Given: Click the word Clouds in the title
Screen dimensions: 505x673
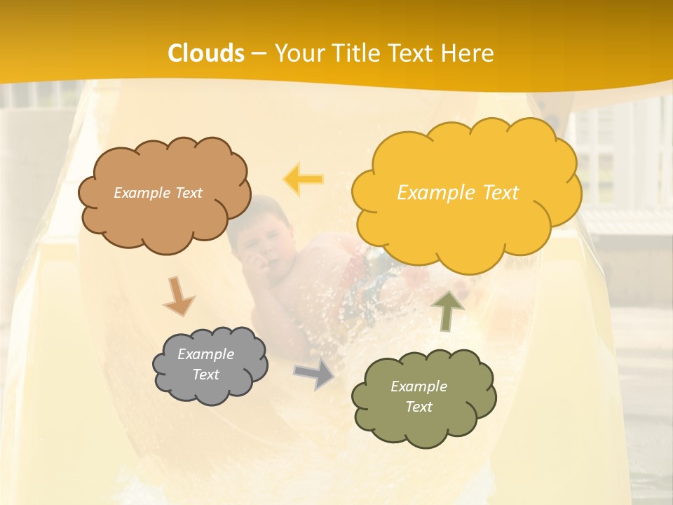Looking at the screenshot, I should (x=206, y=53).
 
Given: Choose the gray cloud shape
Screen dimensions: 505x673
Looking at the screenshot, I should (x=210, y=365).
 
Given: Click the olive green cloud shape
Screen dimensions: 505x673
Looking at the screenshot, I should (x=423, y=398).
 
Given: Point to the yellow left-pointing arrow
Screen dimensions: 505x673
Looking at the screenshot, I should (x=304, y=179).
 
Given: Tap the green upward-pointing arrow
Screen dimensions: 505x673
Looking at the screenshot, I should (x=447, y=311).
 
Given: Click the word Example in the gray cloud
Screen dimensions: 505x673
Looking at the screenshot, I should (x=205, y=354).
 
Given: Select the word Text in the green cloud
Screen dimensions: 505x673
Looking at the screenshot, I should (x=419, y=407).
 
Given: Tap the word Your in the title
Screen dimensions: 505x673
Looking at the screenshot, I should (x=297, y=53).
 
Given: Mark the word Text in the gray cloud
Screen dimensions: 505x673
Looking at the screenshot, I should (x=205, y=375).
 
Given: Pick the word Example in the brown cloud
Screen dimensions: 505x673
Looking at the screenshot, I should (x=140, y=193).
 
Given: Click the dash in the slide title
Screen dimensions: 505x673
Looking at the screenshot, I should (x=258, y=53).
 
